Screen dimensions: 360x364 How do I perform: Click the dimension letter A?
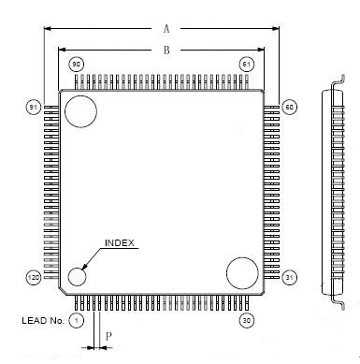coord(166,29)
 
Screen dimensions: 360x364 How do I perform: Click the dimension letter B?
coord(166,50)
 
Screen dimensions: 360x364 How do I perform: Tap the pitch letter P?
coord(108,337)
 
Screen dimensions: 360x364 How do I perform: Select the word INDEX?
coord(120,243)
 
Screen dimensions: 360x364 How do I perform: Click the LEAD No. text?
coord(43,320)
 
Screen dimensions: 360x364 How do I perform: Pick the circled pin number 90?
coord(76,65)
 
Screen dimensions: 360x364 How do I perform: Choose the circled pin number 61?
coord(247,65)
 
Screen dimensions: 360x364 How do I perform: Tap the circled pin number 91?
coord(33,107)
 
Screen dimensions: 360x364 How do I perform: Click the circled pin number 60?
coord(290,107)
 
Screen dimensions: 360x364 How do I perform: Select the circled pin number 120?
coord(33,277)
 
